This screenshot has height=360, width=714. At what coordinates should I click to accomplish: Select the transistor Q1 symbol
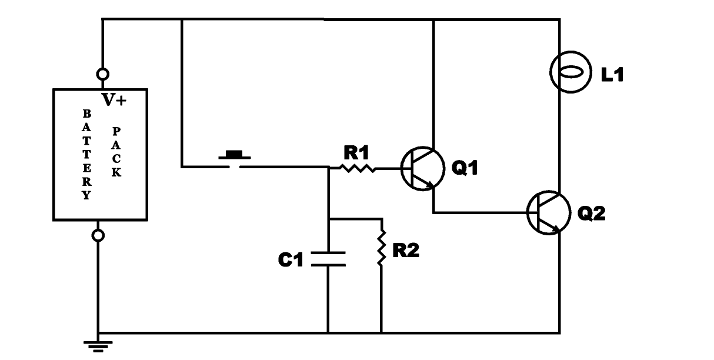[422, 169]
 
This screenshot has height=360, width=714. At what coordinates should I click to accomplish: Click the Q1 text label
[465, 169]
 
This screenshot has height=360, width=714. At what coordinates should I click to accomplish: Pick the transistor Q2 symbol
[548, 212]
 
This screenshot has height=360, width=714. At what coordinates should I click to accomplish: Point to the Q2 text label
[591, 213]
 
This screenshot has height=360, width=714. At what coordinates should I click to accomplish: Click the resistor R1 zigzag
[358, 168]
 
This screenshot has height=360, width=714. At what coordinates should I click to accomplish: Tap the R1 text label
[356, 153]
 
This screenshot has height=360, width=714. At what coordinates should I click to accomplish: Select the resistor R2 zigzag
[381, 249]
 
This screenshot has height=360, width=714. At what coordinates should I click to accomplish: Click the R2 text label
[406, 251]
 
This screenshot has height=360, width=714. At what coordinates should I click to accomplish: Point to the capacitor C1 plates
[328, 259]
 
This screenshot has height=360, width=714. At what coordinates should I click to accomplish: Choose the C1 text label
[291, 259]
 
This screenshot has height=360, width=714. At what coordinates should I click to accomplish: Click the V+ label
[114, 101]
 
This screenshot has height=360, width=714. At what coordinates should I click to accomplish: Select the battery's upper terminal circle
[103, 75]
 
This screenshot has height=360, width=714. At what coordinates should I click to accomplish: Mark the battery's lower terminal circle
[98, 235]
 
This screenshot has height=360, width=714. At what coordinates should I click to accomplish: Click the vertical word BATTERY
[86, 154]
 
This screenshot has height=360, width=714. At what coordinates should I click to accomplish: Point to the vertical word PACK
[116, 153]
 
